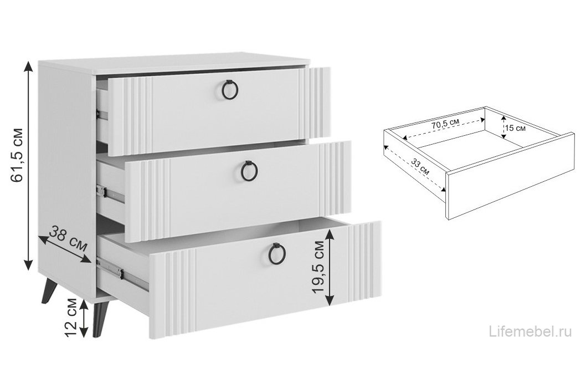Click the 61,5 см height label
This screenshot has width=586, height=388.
pyautogui.click(x=18, y=155)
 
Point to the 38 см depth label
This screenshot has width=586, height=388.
pyautogui.click(x=68, y=238)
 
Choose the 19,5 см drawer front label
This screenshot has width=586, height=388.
pyautogui.click(x=318, y=267)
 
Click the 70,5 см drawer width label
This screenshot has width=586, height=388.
pyautogui.click(x=445, y=124)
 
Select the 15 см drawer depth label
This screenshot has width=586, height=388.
pyautogui.click(x=515, y=128)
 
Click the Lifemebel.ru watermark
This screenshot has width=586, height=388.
pyautogui.click(x=530, y=331)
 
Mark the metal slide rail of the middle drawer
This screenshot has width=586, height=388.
pyautogui.click(x=110, y=194)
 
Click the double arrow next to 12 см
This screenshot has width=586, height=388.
pyautogui.click(x=84, y=318)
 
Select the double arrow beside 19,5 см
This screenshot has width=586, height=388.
pyautogui.click(x=330, y=268)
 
